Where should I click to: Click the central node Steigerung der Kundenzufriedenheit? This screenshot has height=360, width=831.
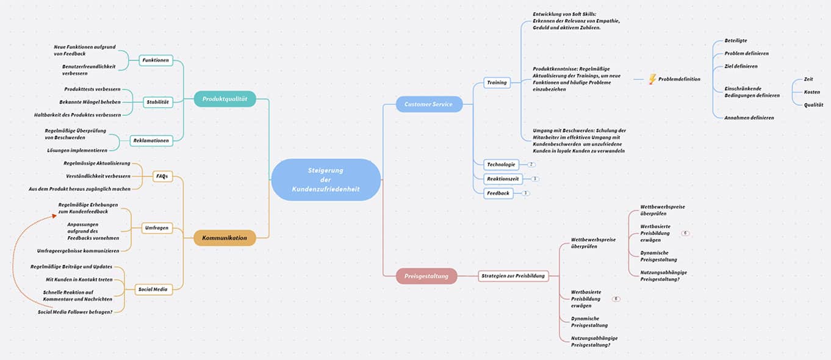click(326, 179)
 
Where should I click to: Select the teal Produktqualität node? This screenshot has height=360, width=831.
click(225, 99)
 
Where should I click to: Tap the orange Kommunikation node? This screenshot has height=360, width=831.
click(225, 238)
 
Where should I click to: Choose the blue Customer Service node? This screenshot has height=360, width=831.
click(429, 104)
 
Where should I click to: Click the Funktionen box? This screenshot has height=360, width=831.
click(156, 60)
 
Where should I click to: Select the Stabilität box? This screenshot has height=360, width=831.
click(157, 102)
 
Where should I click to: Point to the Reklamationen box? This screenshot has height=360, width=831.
click(151, 140)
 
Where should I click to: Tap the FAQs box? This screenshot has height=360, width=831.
click(162, 176)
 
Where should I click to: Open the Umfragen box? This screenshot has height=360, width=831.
click(157, 228)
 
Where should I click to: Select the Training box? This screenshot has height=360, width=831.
click(497, 82)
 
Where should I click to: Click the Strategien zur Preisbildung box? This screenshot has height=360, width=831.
click(513, 276)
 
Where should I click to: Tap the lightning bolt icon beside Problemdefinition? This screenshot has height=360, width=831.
click(652, 79)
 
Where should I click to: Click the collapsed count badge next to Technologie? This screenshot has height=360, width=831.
click(531, 165)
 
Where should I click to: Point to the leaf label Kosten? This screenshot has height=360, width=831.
click(811, 92)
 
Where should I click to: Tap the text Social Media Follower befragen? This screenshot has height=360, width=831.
click(75, 312)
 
